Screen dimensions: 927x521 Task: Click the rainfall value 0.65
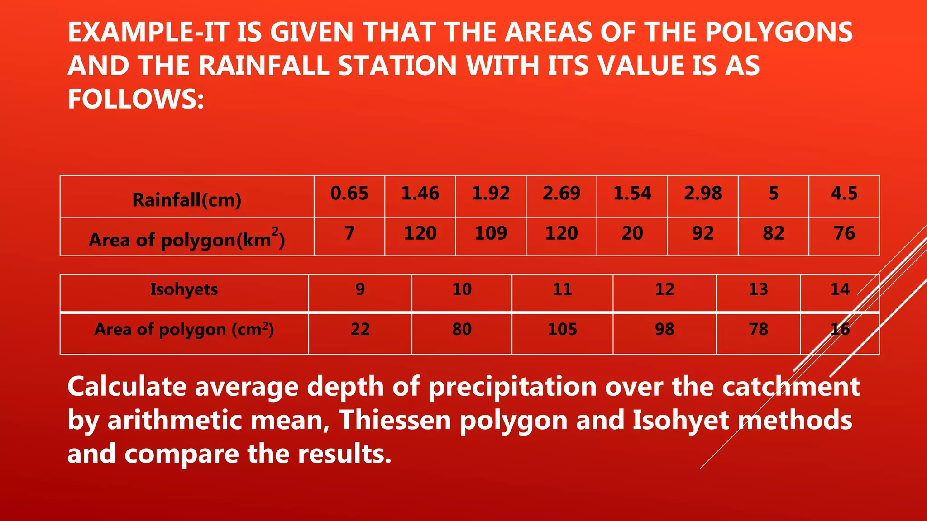[349, 194]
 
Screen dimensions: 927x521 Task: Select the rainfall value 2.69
[561, 194]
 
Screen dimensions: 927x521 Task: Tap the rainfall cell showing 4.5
[844, 194]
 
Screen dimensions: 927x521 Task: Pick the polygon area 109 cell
[491, 233]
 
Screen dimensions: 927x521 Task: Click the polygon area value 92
[702, 233]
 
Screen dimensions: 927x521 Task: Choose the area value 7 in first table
[349, 233]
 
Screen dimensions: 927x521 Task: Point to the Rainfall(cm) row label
[186, 200]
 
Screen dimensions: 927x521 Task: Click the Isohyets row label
[184, 289]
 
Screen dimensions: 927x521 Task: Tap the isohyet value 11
[562, 289]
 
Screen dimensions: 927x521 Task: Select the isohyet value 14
[840, 289]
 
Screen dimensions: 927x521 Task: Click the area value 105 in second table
[562, 329]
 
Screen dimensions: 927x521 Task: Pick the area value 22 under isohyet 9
[360, 329]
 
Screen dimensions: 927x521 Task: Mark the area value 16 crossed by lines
[840, 329]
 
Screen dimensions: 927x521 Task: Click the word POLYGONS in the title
[779, 33]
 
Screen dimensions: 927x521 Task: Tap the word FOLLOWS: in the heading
[136, 99]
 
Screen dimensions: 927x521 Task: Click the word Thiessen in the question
[395, 421]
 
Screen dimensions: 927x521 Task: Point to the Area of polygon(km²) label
[186, 240]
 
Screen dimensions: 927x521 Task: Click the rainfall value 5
[774, 194]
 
